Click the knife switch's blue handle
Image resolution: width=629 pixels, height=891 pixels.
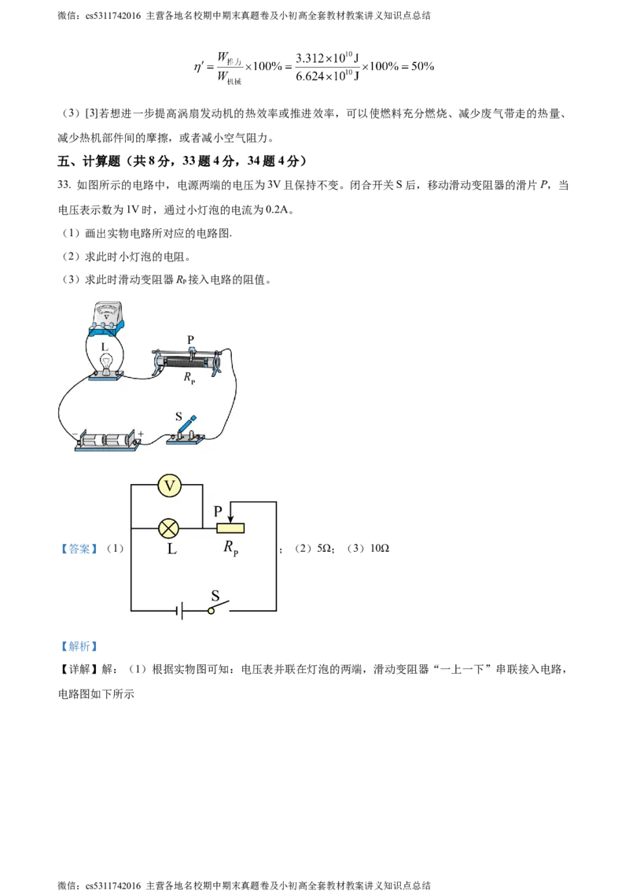189,423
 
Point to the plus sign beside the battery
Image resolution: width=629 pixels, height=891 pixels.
141,433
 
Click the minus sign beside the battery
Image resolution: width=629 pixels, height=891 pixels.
74,434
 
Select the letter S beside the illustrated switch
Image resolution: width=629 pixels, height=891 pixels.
178,415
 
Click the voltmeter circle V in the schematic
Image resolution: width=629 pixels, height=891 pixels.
169,486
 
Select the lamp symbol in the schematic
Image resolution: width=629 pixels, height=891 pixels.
169,528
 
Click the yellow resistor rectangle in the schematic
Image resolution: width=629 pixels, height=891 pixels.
230,528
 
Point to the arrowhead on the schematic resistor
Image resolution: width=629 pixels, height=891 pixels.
230,518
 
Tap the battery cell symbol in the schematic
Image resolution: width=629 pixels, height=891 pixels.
180,611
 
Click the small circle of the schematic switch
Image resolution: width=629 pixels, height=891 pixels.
211,611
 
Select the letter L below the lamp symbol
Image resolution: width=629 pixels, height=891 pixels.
171,549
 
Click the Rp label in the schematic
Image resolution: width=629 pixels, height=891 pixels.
230,549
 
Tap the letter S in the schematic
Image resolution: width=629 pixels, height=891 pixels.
215,596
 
